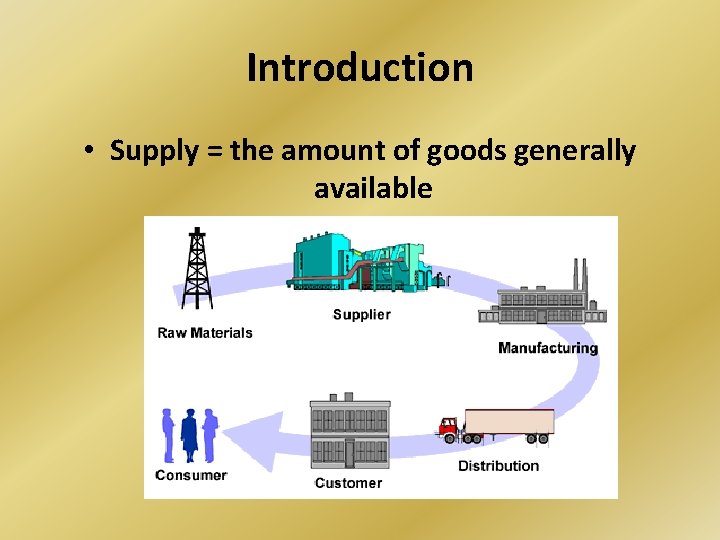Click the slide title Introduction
tap(360, 68)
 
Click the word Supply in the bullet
tap(153, 151)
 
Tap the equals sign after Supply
tap(213, 152)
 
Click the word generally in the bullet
tap(576, 151)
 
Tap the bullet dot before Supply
tap(89, 152)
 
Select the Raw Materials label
tap(205, 333)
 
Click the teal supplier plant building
tap(360, 263)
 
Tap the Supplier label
tap(361, 315)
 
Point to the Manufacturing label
tap(547, 348)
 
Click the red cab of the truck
tap(450, 428)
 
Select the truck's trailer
tap(508, 423)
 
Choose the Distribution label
tap(498, 466)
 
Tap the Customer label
tap(348, 483)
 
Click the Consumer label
tap(191, 475)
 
